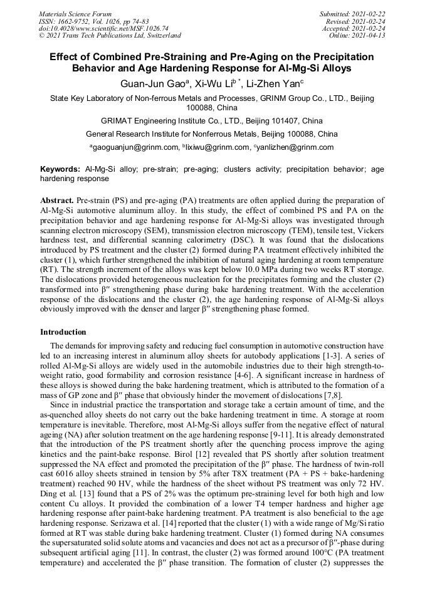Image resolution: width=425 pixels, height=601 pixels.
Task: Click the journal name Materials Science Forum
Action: [x=75, y=14]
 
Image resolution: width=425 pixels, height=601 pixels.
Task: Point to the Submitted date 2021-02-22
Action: [x=369, y=14]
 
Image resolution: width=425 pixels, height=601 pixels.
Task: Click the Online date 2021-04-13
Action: [x=369, y=36]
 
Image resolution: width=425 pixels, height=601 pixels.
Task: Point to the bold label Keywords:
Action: [x=60, y=169]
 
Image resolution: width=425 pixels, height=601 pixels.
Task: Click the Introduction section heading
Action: [x=63, y=332]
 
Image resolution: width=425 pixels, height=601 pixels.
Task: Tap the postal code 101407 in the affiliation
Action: [x=289, y=120]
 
